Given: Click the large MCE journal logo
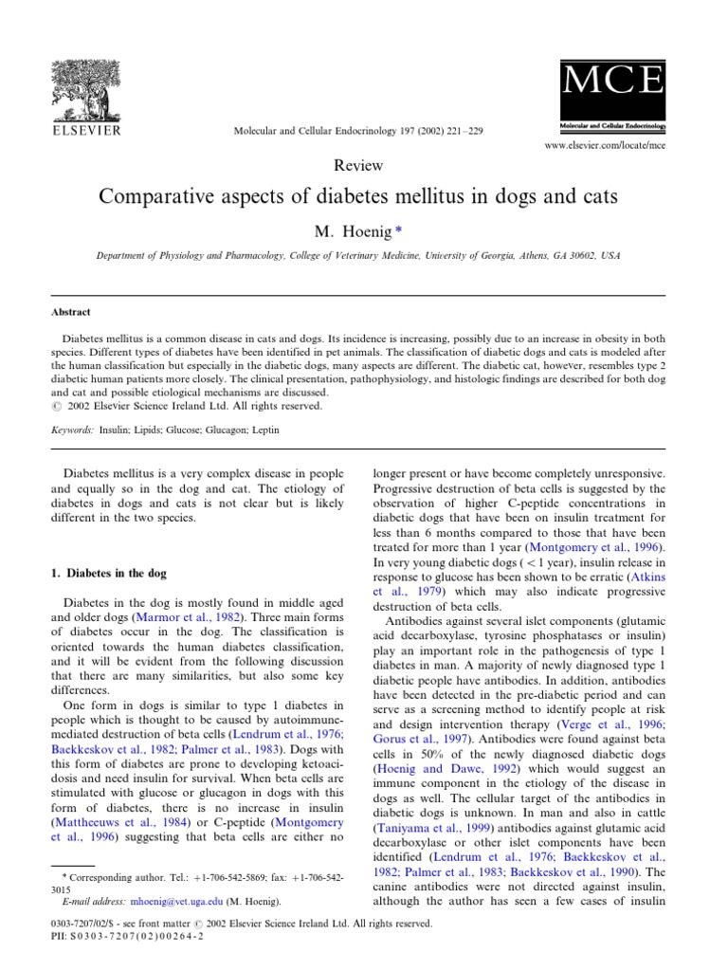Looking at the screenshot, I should coord(611,85).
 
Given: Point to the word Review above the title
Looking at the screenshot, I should coord(359,166).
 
